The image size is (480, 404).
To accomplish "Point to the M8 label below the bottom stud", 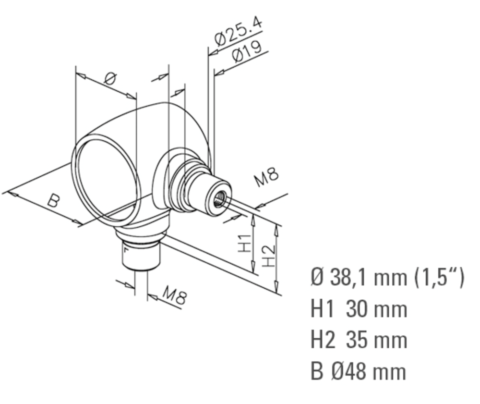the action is pyautogui.click(x=174, y=295).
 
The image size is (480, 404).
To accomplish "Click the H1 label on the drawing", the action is pyautogui.click(x=245, y=244).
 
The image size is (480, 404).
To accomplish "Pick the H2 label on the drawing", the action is pyautogui.click(x=269, y=256).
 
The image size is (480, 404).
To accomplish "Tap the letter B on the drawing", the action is pyautogui.click(x=53, y=201).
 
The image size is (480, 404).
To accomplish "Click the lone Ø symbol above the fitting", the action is pyautogui.click(x=110, y=79).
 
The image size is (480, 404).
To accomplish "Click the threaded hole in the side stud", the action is pyautogui.click(x=219, y=199).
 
